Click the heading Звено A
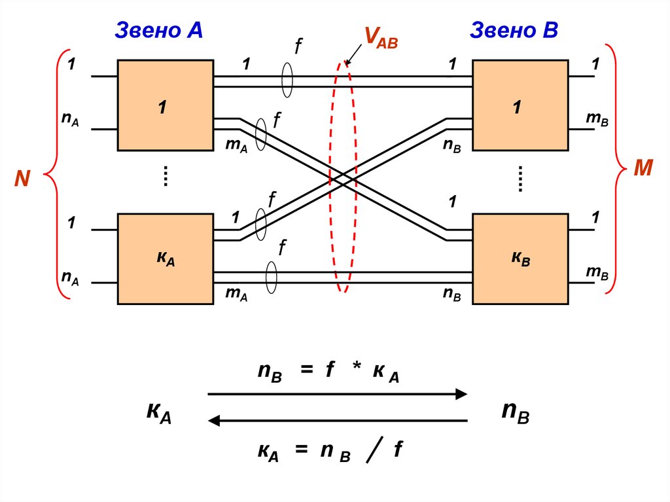click(x=159, y=30)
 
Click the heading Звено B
click(x=514, y=30)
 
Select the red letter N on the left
click(x=23, y=179)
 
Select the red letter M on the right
click(x=643, y=169)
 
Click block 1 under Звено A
click(x=165, y=105)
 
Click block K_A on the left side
click(x=165, y=259)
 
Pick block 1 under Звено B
click(x=520, y=105)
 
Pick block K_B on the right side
click(x=520, y=259)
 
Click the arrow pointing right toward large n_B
click(x=337, y=394)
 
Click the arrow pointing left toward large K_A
click(x=337, y=421)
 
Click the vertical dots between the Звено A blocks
click(x=166, y=176)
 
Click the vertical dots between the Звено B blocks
click(x=521, y=177)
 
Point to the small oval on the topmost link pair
click(x=286, y=81)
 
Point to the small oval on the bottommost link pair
click(x=271, y=277)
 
